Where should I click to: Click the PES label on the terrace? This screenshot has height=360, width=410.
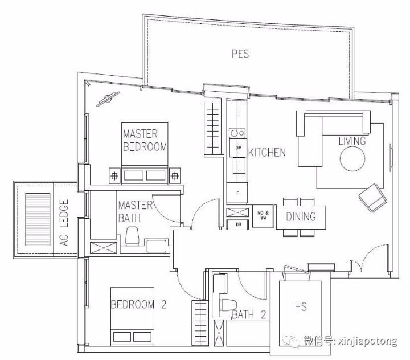pyautogui.click(x=240, y=54)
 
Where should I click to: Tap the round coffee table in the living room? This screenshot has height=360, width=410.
pyautogui.click(x=352, y=158)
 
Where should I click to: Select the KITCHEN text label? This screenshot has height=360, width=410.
pyautogui.click(x=267, y=152)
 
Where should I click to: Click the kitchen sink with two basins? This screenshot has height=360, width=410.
pyautogui.click(x=237, y=133)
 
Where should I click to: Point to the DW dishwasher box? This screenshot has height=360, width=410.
pyautogui.click(x=238, y=148)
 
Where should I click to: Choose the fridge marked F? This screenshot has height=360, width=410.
pyautogui.click(x=237, y=193)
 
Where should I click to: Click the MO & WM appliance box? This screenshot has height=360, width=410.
pyautogui.click(x=263, y=215)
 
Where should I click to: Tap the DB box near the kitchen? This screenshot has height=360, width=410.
pyautogui.click(x=237, y=224)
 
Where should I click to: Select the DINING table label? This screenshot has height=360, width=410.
pyautogui.click(x=301, y=216)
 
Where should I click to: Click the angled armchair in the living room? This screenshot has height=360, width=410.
pyautogui.click(x=372, y=198)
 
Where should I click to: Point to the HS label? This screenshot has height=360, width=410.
pyautogui.click(x=301, y=306)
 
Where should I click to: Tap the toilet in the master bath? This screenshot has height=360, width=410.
pyautogui.click(x=132, y=236)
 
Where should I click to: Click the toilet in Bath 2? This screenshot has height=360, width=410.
pyautogui.click(x=228, y=305)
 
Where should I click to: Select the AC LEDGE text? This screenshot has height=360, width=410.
pyautogui.click(x=64, y=223)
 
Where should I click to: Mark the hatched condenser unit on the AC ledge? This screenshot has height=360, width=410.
pyautogui.click(x=38, y=219)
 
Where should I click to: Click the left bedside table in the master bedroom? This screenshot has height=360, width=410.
pyautogui.click(x=114, y=176)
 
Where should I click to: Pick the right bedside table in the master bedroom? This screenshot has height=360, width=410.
pyautogui.click(x=175, y=176)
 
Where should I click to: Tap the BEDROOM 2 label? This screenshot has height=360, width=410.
pyautogui.click(x=138, y=305)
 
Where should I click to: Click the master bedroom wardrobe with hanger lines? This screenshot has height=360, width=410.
pyautogui.click(x=212, y=129)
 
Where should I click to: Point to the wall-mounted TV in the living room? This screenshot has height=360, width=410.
pyautogui.click(x=391, y=158)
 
